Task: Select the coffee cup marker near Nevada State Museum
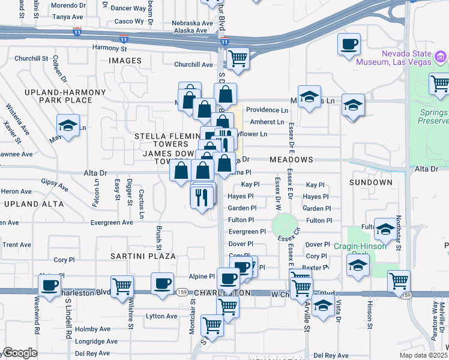(349, 44)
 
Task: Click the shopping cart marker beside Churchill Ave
(238, 59)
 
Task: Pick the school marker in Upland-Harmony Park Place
(67, 125)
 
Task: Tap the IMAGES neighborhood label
(125, 61)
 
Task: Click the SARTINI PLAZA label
(143, 256)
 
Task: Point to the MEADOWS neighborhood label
(291, 160)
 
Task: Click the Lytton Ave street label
(161, 316)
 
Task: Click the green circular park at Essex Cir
(285, 226)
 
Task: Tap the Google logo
(20, 353)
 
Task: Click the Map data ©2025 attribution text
(423, 355)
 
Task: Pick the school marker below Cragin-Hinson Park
(358, 265)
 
